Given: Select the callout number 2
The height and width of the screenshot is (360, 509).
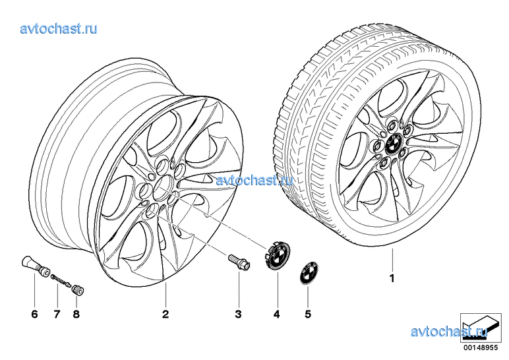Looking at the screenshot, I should (x=165, y=314).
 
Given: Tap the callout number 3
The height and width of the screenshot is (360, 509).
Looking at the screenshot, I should (x=239, y=314).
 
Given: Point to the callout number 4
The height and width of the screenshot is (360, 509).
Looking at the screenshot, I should (x=277, y=314).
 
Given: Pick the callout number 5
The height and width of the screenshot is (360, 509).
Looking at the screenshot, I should (x=307, y=314).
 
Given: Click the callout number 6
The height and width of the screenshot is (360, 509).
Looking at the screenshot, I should (x=35, y=314).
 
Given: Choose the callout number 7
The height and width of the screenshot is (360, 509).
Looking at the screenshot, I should (x=57, y=314).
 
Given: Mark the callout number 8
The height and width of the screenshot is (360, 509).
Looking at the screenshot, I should (x=76, y=314).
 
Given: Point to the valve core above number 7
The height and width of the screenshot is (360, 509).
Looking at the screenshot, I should (x=61, y=280).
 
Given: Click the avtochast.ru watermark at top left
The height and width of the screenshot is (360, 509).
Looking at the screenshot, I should (x=59, y=28).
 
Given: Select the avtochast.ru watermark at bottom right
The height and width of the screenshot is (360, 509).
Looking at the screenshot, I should (x=448, y=332).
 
